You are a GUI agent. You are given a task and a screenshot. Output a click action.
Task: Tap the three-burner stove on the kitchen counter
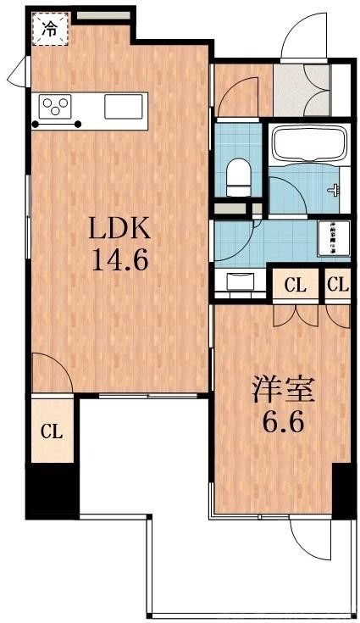(x=56, y=108)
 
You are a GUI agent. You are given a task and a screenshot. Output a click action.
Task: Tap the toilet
(x=239, y=177)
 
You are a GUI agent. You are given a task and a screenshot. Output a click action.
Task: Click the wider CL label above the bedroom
(x=295, y=286)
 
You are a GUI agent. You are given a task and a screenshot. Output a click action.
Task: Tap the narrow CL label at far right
(x=337, y=286)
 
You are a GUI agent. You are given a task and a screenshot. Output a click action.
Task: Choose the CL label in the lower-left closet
(x=53, y=431)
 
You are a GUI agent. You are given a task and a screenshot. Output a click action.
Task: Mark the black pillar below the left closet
(x=53, y=490)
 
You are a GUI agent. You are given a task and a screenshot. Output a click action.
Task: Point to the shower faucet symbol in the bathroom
(x=337, y=190)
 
